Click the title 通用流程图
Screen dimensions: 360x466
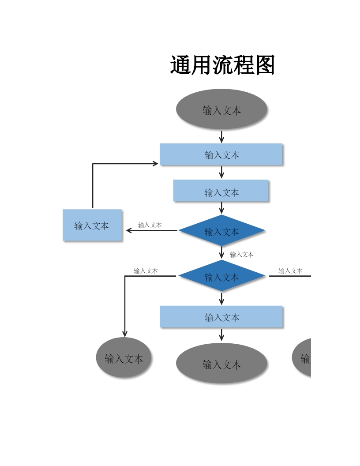(222, 65)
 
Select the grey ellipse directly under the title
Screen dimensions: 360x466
(221, 109)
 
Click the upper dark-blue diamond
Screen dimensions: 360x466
(221, 230)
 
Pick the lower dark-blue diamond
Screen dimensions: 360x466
(221, 276)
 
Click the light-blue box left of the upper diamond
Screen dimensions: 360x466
(92, 225)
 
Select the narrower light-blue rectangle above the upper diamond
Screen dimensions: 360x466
(221, 191)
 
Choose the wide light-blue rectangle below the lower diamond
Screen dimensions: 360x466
(221, 316)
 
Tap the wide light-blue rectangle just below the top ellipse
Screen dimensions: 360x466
(221, 154)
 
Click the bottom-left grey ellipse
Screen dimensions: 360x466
(124, 357)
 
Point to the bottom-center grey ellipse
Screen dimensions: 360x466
(221, 363)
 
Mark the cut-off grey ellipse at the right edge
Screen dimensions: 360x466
(302, 358)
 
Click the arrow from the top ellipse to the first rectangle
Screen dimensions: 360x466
(221, 137)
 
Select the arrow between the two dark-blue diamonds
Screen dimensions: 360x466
(221, 252)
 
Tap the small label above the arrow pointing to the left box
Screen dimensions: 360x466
(150, 225)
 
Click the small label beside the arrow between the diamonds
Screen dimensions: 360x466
(242, 254)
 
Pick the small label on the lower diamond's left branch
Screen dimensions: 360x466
(146, 271)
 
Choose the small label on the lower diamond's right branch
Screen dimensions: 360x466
(290, 271)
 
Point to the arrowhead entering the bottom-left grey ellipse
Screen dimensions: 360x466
(125, 334)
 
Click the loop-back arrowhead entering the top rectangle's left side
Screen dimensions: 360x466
(155, 163)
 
